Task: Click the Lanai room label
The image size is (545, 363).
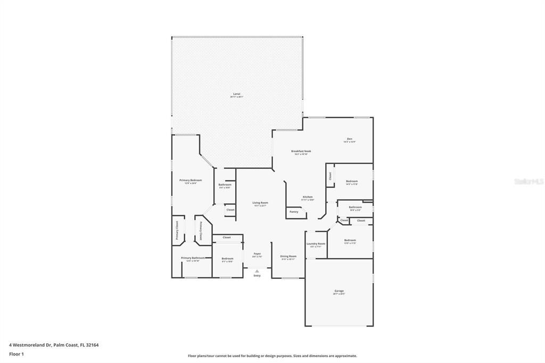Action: click(x=236, y=94)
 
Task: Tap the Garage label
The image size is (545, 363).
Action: click(x=339, y=291)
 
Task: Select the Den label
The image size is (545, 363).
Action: click(x=349, y=139)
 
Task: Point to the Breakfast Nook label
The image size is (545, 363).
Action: click(x=301, y=151)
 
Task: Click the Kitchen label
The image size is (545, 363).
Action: click(x=308, y=197)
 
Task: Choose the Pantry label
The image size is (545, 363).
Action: click(x=294, y=211)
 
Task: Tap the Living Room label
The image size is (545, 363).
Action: click(x=260, y=203)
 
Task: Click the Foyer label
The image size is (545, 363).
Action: click(x=257, y=254)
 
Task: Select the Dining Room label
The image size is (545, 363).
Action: click(x=288, y=257)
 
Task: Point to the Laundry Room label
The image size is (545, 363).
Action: click(x=316, y=244)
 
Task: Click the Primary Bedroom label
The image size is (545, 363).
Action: click(x=190, y=180)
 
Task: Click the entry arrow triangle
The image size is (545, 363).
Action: click(x=257, y=271)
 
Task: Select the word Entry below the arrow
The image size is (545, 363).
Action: click(x=257, y=276)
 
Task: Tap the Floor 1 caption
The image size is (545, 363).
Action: click(x=16, y=353)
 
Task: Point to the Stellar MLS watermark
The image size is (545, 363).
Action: click(x=529, y=181)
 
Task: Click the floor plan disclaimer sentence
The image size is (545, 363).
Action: click(x=272, y=356)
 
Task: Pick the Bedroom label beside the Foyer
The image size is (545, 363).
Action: click(x=227, y=259)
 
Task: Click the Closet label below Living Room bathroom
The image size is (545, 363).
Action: click(x=230, y=210)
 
